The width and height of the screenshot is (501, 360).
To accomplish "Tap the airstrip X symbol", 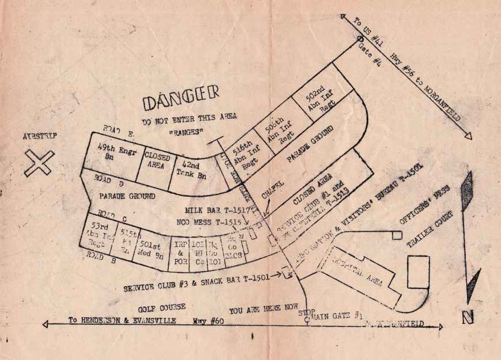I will (x=39, y=163).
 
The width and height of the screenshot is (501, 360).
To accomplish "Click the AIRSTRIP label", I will (x=42, y=136).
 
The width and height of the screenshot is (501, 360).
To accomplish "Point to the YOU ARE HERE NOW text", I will (x=263, y=309).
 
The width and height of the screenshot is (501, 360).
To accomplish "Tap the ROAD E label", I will (x=118, y=131).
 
